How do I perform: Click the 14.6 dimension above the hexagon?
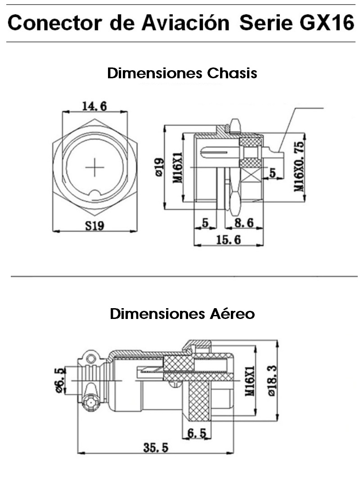(x=94, y=106)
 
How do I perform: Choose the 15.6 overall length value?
(x=228, y=240)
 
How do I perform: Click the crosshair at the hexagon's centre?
(x=94, y=167)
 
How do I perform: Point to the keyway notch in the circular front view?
(x=94, y=194)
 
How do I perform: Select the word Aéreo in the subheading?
(x=232, y=314)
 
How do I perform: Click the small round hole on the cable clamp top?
(x=92, y=359)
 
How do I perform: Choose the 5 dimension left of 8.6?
(x=205, y=222)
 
